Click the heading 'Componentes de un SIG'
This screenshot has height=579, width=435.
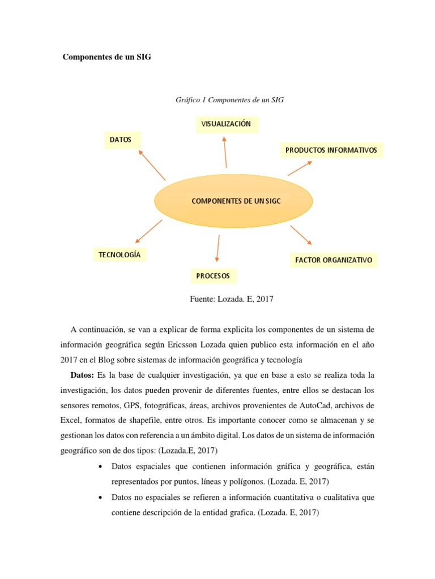[x=106, y=57]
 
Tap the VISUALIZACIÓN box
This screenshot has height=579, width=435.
[x=227, y=123]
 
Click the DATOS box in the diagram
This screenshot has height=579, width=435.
[x=121, y=140]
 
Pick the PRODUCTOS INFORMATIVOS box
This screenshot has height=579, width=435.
[x=331, y=150]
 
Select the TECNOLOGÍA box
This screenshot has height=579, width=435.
[x=119, y=255]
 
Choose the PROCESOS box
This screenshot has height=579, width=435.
[x=213, y=276]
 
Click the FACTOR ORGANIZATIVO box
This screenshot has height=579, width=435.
[x=334, y=260]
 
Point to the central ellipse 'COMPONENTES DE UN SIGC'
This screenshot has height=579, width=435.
[x=233, y=201]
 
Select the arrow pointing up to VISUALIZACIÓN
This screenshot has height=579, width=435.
[x=225, y=152]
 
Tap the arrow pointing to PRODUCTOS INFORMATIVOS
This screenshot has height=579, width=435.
[x=300, y=168]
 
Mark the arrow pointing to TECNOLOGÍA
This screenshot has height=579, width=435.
[x=149, y=232]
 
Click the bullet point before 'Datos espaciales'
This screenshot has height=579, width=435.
[x=100, y=467]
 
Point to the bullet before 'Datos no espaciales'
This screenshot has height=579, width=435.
[x=100, y=498]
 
